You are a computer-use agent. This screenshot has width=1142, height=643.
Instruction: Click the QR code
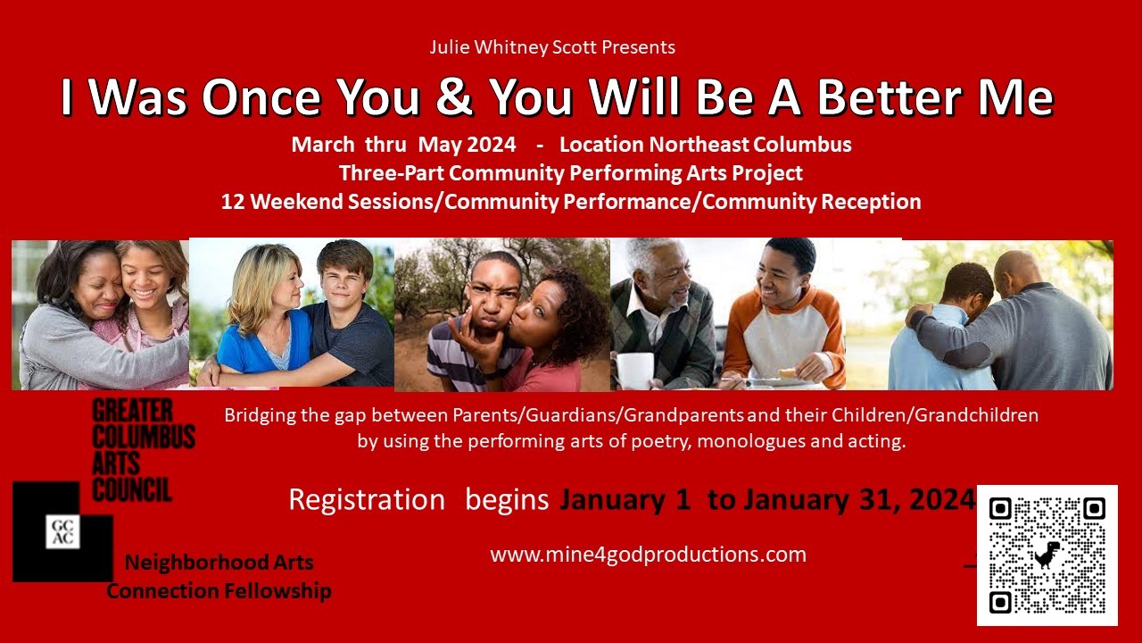1047,555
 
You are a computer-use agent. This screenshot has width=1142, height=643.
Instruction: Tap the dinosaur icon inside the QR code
1048,555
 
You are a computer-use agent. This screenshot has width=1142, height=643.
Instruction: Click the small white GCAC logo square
62,531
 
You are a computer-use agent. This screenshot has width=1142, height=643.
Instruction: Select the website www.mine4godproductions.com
648,555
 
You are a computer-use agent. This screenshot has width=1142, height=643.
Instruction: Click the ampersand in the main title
454,96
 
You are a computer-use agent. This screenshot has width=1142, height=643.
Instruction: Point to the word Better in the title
890,96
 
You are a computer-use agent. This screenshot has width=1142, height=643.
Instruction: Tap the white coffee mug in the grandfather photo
634,370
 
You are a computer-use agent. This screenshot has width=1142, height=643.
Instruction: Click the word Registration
367,499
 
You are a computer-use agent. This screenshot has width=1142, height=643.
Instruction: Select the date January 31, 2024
859,499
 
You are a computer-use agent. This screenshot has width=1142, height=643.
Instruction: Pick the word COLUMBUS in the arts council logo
144,437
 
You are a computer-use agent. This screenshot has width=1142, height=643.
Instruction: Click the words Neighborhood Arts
219,563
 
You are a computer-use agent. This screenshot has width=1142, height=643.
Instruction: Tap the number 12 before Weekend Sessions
232,202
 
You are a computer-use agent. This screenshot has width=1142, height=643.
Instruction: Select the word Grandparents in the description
683,415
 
